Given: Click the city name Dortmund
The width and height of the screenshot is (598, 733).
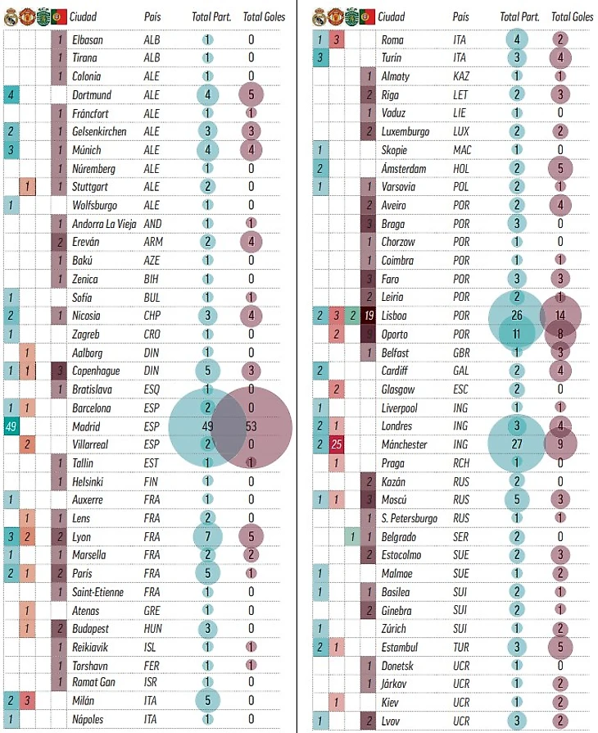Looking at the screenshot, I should pos(91,95).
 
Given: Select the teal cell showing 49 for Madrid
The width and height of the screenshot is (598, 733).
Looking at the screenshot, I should pos(11,427).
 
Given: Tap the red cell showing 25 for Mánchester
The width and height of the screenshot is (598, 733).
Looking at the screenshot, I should pos(337,445).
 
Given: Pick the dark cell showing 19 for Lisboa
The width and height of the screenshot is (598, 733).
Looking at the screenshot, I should pos(369,316).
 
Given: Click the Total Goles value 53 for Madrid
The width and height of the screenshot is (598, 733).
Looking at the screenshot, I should pos(251,427).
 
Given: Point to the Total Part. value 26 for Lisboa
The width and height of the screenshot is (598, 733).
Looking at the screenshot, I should pos(517,316).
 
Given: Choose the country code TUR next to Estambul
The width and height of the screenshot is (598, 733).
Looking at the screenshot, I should pos(461,648).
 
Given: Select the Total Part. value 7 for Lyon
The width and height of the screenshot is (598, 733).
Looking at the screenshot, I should pos(207,536).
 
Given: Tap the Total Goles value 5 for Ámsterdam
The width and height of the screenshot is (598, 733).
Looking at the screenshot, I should pos(559,168).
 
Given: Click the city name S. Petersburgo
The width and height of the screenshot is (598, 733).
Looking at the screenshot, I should pos(410,519).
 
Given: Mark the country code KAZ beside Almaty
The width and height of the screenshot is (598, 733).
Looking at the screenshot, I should pos(462,76).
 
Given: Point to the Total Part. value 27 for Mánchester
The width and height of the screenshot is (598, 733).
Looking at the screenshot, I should pos(517,445).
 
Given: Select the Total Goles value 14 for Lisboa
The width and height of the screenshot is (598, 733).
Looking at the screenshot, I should pos(559,316).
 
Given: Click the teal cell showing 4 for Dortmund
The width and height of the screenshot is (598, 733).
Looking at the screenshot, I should pos(11,95).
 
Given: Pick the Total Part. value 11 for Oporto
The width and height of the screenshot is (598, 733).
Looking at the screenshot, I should pos(517,335).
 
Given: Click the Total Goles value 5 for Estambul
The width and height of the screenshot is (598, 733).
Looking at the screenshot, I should pos(559,648).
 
